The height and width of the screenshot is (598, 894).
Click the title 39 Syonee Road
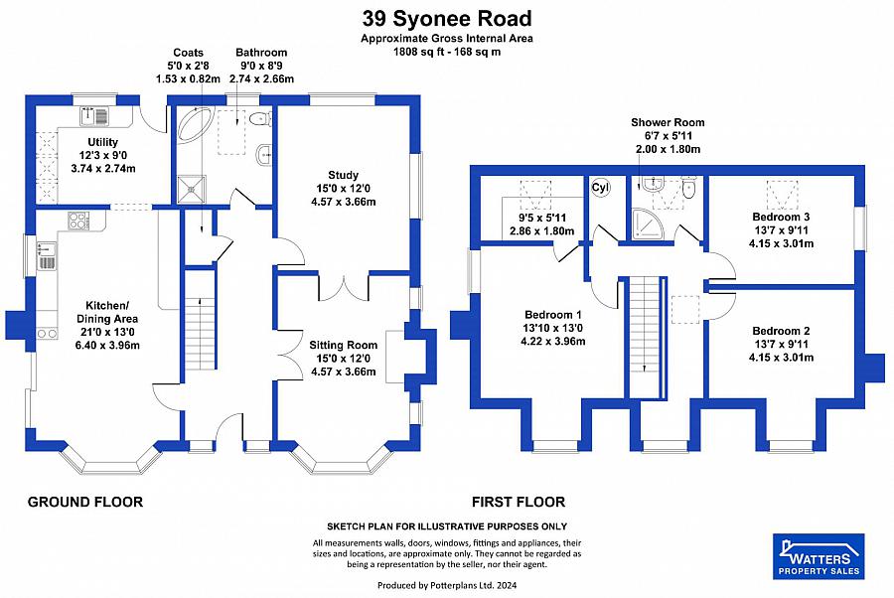(446, 18)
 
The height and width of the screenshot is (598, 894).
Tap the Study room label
(343, 176)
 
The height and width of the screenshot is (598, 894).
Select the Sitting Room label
(343, 346)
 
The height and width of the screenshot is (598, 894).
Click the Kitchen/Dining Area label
(106, 303)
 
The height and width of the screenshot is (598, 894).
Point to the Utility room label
(103, 143)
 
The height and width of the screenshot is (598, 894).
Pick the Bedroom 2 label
(782, 331)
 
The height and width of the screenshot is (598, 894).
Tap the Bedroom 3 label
(782, 217)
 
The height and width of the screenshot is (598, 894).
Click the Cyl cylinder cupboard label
(601, 188)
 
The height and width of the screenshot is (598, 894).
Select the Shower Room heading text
(668, 123)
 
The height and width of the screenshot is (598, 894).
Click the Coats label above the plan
(188, 53)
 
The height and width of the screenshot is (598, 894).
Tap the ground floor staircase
(201, 334)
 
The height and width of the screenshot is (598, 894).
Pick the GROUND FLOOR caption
(84, 502)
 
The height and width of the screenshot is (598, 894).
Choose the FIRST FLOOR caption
(520, 502)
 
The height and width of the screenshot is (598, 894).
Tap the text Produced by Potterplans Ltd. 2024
(446, 586)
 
